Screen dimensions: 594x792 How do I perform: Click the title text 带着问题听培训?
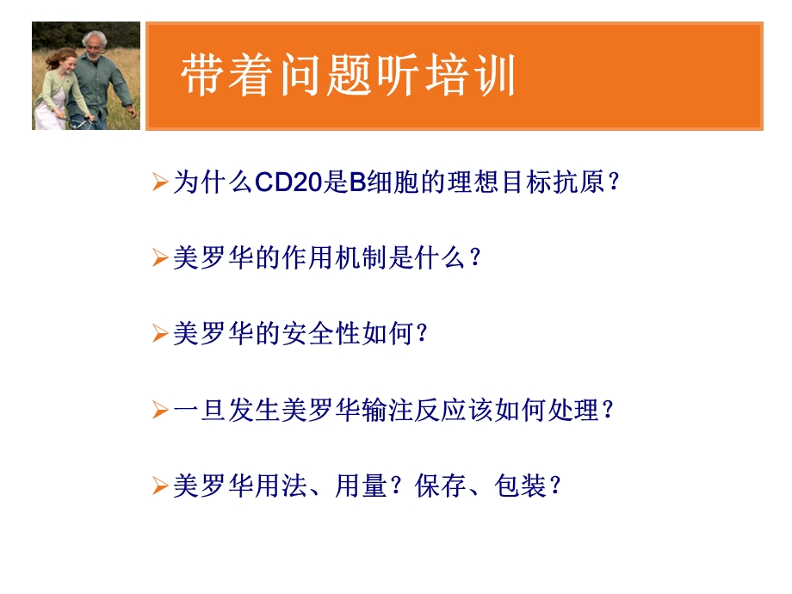(x=349, y=77)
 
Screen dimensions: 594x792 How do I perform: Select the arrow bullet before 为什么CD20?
(x=159, y=183)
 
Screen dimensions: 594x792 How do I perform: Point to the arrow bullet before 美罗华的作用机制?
(x=159, y=258)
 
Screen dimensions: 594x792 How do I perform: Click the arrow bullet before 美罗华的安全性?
(x=159, y=334)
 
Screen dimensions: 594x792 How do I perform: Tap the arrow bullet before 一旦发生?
(x=159, y=411)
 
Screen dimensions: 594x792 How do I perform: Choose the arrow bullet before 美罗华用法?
(x=159, y=486)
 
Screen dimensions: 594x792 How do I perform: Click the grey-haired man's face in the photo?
(x=93, y=44)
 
